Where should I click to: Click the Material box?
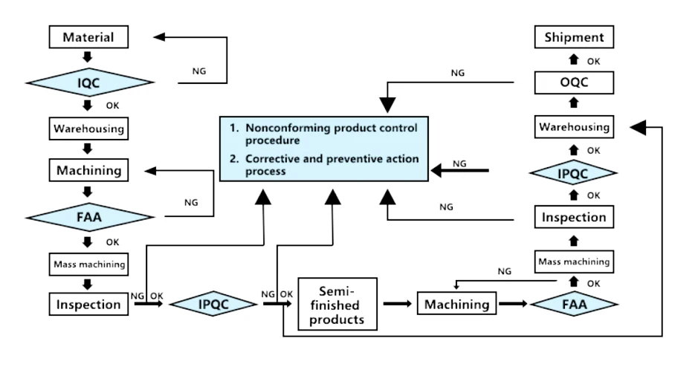tap(88, 36)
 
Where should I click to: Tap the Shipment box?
tap(574, 36)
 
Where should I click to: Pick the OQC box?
tap(574, 82)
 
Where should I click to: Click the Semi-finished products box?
tap(337, 304)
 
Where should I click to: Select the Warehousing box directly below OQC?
tap(574, 127)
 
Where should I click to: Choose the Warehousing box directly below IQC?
tap(88, 128)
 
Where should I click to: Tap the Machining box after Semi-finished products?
tap(456, 304)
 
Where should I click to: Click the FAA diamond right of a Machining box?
tap(574, 304)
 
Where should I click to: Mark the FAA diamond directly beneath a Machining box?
tap(89, 217)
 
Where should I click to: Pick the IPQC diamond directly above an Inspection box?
tap(574, 172)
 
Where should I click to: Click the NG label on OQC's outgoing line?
tap(459, 73)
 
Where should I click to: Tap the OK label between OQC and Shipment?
tap(594, 60)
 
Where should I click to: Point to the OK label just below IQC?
tap(112, 106)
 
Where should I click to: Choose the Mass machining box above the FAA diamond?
tap(574, 262)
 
